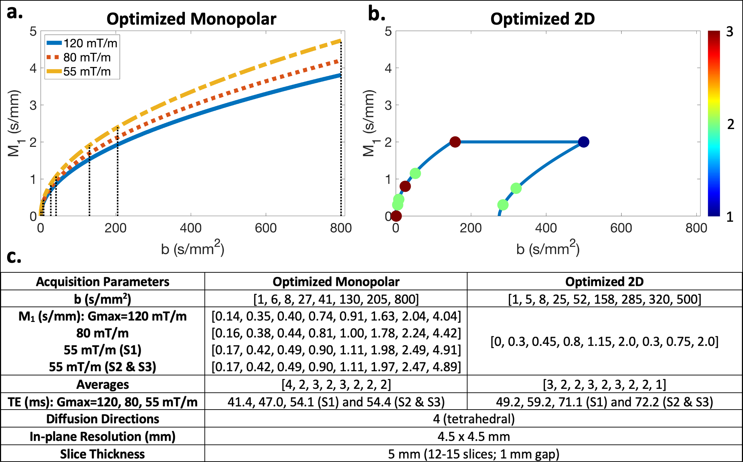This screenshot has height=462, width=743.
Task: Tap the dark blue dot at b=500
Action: (x=583, y=142)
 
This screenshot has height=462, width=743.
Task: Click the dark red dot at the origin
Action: (x=396, y=216)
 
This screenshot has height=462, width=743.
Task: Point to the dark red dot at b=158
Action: (x=455, y=142)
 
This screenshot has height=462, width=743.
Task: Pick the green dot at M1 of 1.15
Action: (x=415, y=174)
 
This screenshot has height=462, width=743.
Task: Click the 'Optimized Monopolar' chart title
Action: (x=191, y=19)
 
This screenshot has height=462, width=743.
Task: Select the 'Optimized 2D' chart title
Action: (x=542, y=19)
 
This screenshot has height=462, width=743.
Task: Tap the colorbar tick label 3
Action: (x=729, y=32)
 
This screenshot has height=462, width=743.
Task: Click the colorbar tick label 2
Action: (x=731, y=124)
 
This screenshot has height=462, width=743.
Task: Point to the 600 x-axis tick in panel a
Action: (x=266, y=228)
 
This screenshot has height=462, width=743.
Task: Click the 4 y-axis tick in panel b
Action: (x=388, y=68)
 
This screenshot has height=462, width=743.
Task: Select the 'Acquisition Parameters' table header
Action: (x=103, y=282)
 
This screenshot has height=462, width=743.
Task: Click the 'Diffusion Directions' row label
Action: (x=103, y=419)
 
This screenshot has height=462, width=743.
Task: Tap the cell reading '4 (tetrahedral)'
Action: (x=474, y=419)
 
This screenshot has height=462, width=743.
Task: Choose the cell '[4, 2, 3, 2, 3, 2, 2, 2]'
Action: (x=336, y=384)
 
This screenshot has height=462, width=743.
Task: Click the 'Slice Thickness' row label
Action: (x=103, y=454)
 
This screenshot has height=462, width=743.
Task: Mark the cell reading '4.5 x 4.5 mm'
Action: (x=474, y=436)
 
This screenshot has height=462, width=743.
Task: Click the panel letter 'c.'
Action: (x=14, y=257)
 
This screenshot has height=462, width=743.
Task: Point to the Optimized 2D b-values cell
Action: (x=604, y=299)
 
